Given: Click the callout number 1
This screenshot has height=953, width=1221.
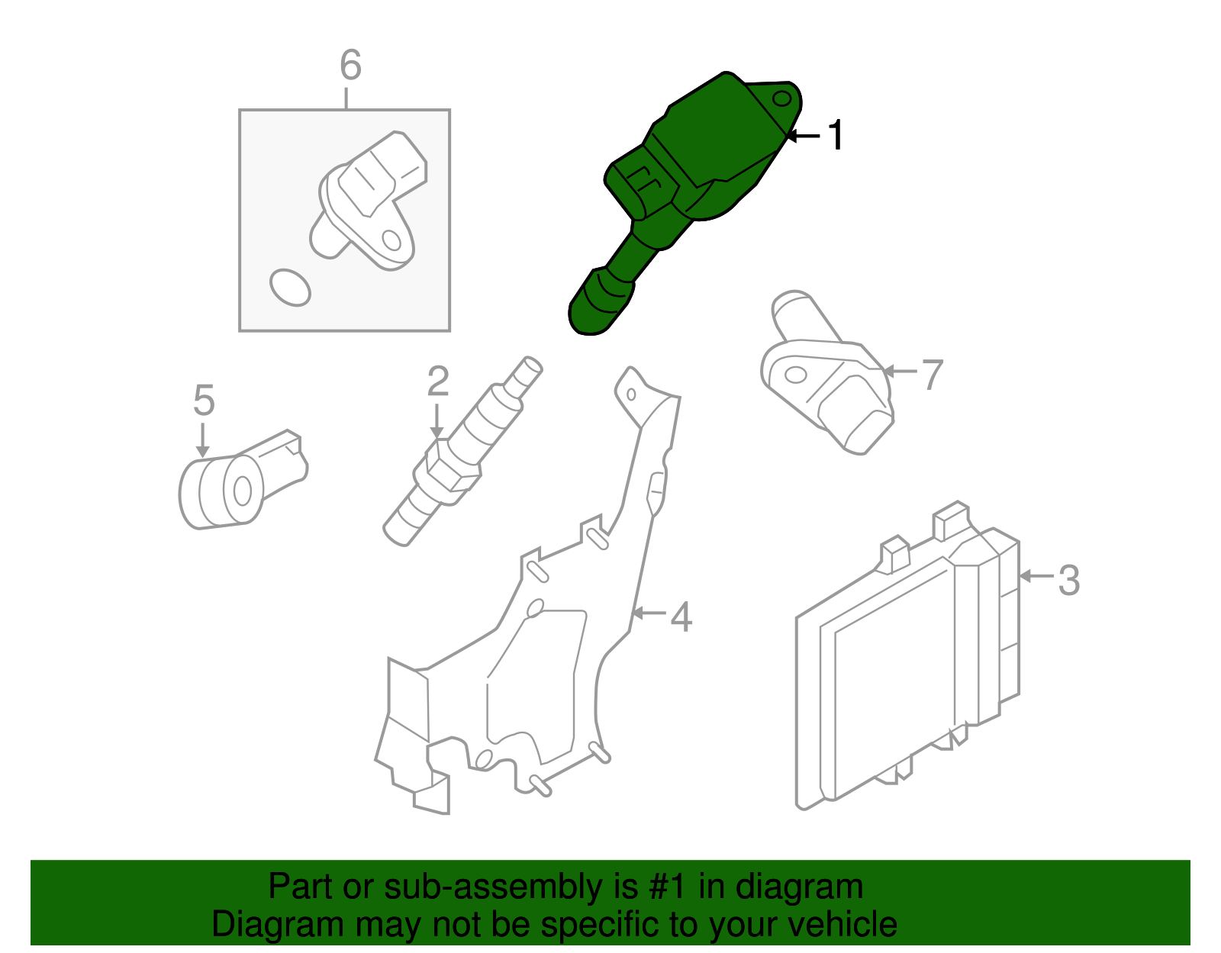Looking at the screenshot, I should pyautogui.click(x=837, y=136).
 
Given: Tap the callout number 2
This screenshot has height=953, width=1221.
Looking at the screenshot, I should pyautogui.click(x=437, y=382).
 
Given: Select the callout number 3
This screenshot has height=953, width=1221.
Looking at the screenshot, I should pyautogui.click(x=1068, y=580).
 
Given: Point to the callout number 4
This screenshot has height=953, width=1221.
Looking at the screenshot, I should pyautogui.click(x=681, y=617).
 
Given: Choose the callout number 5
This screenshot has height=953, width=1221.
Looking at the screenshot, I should pyautogui.click(x=204, y=401).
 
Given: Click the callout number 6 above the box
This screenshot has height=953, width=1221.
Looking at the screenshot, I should pyautogui.click(x=350, y=66).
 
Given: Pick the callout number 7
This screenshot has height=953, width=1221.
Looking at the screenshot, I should pyautogui.click(x=933, y=375).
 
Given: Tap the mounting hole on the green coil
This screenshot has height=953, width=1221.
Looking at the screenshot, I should pyautogui.click(x=781, y=99).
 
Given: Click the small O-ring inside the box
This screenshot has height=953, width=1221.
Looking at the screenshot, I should pyautogui.click(x=290, y=287).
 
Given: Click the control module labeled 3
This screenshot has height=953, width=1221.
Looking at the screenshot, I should pyautogui.click(x=900, y=671).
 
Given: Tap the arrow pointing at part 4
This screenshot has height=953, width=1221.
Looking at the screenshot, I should pyautogui.click(x=647, y=613).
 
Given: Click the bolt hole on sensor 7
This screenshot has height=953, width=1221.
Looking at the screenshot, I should pyautogui.click(x=795, y=375).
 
